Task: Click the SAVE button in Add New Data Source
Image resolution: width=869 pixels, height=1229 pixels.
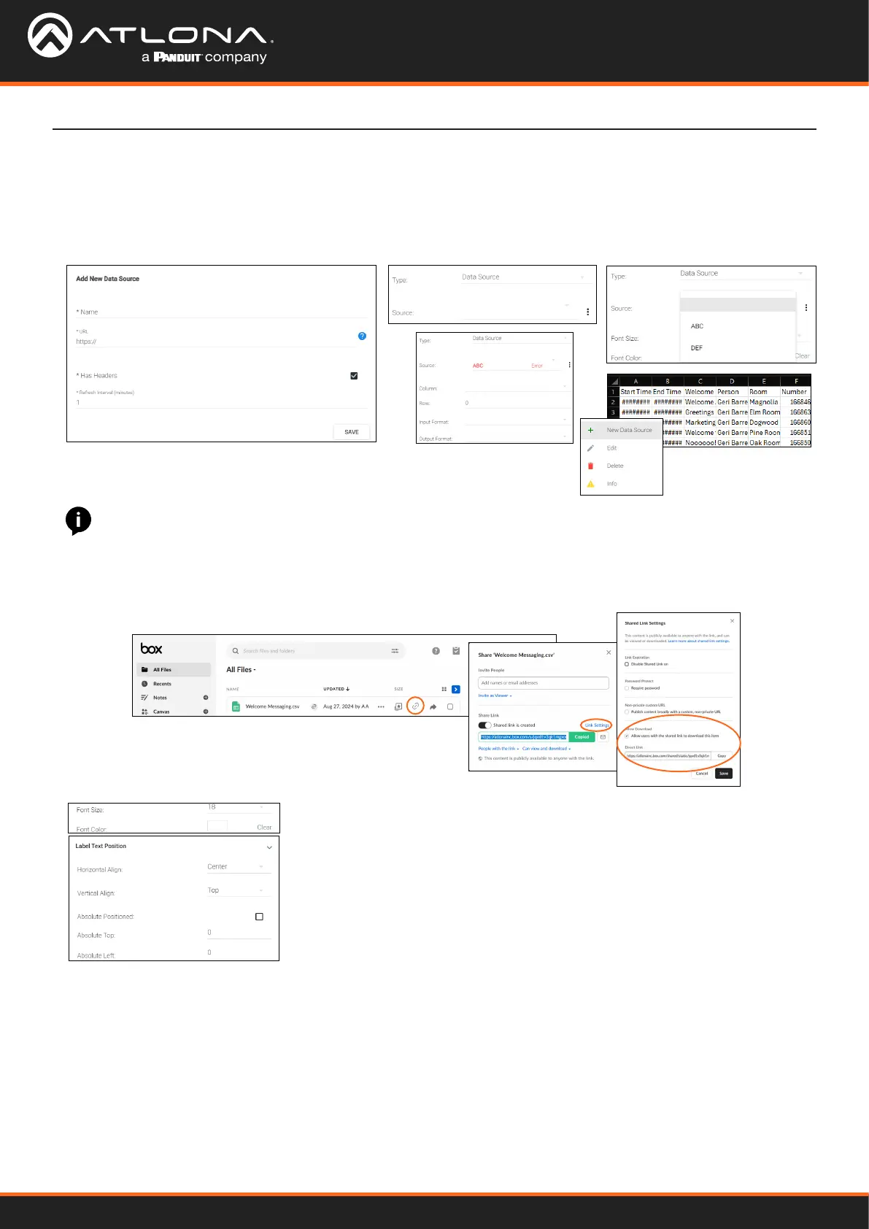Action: click(351, 432)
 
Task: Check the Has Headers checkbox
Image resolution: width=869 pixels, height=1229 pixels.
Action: click(354, 376)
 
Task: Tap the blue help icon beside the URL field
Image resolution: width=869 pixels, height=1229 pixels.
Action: click(362, 336)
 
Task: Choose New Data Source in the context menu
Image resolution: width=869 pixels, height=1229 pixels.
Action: click(629, 430)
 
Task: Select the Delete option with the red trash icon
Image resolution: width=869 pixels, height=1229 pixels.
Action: click(614, 466)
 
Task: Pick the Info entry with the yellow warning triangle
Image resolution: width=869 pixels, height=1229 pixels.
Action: click(611, 484)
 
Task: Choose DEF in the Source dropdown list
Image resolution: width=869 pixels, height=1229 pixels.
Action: click(697, 348)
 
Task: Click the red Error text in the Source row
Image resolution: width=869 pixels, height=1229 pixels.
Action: click(537, 366)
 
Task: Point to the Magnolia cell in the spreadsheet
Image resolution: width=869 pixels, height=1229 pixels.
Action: click(763, 402)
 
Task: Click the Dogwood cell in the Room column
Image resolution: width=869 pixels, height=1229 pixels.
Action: click(763, 423)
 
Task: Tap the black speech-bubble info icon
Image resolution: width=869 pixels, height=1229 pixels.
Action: click(78, 520)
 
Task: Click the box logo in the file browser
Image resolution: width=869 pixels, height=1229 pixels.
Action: click(152, 649)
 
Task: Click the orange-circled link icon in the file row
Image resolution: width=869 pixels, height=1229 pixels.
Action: click(415, 706)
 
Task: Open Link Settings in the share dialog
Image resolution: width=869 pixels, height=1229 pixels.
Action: click(596, 725)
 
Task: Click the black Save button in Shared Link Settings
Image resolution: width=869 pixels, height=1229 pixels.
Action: click(723, 774)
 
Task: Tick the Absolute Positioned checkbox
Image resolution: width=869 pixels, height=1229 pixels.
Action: click(259, 917)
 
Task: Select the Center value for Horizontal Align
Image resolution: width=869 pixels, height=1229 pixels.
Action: click(217, 867)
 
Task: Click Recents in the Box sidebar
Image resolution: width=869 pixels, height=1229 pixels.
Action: click(162, 684)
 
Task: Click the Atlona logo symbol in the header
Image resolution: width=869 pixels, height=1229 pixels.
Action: click(50, 35)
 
